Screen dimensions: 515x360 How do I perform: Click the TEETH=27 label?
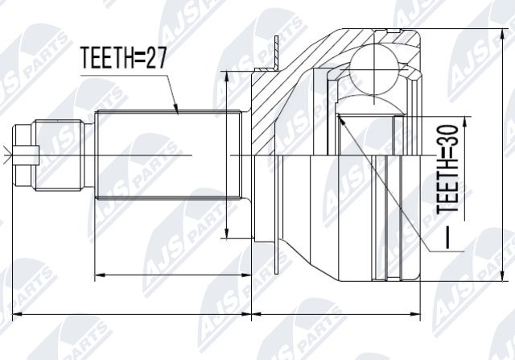(124, 58)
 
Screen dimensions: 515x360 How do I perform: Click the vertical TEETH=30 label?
(447, 168)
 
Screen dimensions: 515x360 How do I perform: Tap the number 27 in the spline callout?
(156, 58)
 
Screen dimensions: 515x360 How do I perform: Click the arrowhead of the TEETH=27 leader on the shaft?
(176, 109)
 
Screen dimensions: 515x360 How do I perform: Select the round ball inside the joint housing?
(374, 68)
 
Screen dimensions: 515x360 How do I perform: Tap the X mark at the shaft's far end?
(6, 155)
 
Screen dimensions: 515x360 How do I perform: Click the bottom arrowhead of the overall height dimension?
(502, 275)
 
